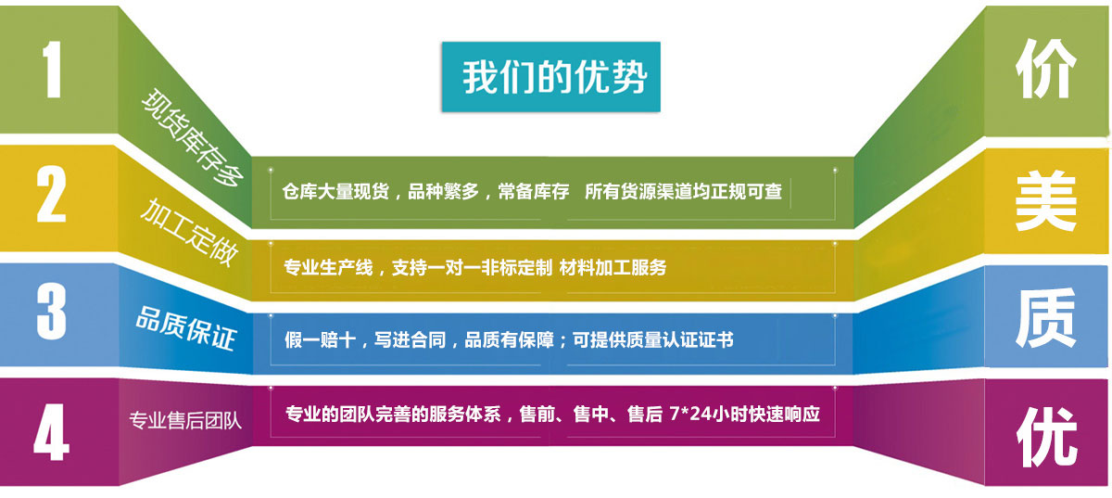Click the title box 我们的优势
[551, 77]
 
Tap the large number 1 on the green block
[52, 69]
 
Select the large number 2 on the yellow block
[51, 194]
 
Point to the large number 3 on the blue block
[52, 312]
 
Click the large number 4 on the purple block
[51, 432]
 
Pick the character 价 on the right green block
[1046, 69]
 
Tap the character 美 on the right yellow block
[1046, 201]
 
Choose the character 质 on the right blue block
[1046, 318]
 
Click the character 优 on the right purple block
[1046, 438]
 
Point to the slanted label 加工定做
[189, 232]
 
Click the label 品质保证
[185, 328]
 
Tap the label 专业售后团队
[185, 420]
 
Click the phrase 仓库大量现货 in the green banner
[335, 191]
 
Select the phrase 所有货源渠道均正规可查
[684, 191]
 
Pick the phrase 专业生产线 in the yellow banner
[328, 267]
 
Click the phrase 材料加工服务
[613, 267]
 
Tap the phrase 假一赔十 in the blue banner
[320, 340]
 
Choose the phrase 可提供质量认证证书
[653, 340]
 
